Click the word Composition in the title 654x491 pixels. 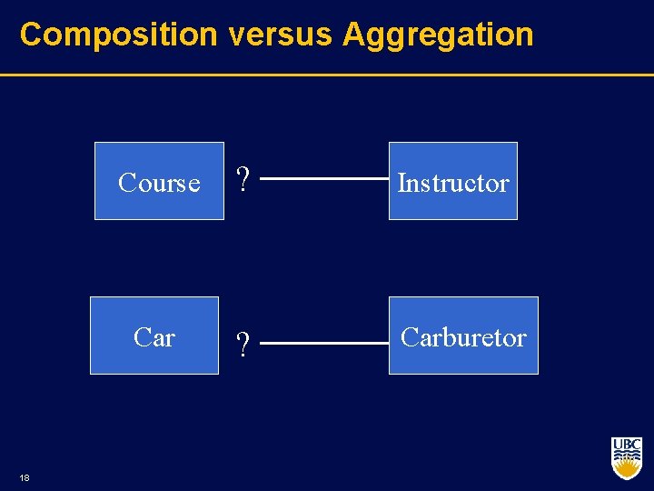tap(119, 35)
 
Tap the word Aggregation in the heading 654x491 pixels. tap(438, 35)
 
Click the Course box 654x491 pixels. tap(159, 181)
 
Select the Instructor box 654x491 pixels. tap(453, 181)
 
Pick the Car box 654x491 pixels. tap(154, 336)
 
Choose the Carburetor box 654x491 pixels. tap(463, 336)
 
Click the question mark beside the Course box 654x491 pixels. tap(243, 180)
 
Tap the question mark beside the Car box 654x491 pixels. tap(243, 345)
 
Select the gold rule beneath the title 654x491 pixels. tap(327, 75)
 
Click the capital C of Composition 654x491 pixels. tap(31, 35)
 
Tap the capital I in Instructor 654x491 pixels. tap(401, 183)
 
